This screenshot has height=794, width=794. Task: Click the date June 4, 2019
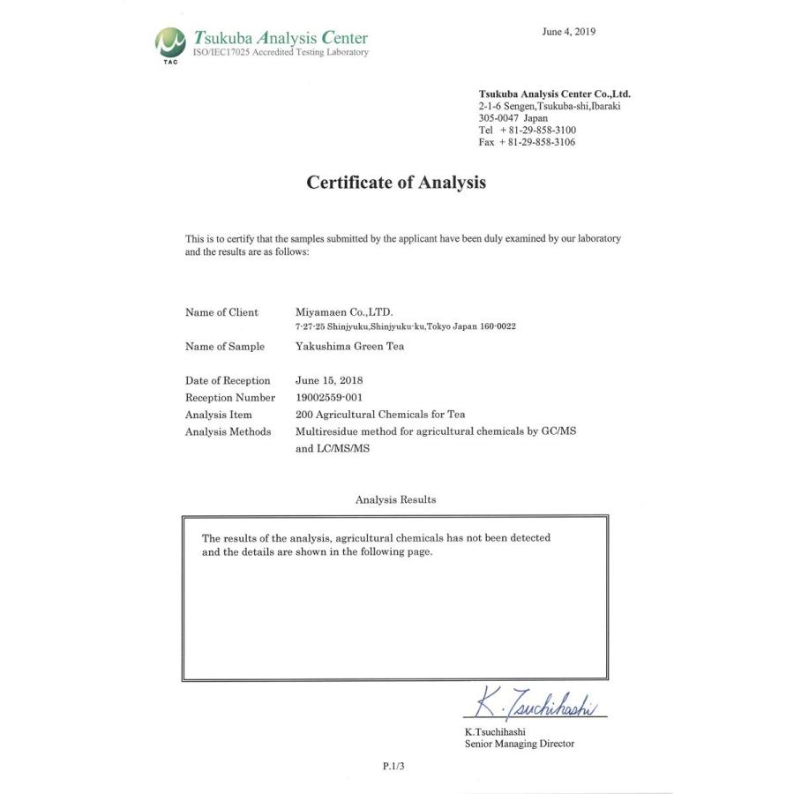click(x=568, y=32)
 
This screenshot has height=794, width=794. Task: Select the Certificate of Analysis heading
click(x=396, y=183)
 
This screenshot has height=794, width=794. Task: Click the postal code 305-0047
click(x=498, y=117)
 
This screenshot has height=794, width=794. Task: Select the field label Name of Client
click(x=221, y=312)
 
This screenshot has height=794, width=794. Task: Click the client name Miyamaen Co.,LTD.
click(x=344, y=312)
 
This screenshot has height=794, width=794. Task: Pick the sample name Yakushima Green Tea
click(x=349, y=347)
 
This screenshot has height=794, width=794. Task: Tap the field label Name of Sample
click(x=224, y=347)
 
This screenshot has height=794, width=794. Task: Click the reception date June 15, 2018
click(x=329, y=380)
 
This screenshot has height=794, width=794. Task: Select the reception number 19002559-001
click(x=329, y=397)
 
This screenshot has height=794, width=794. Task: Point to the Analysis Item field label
click(x=218, y=414)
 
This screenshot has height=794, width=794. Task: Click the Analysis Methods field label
click(x=228, y=431)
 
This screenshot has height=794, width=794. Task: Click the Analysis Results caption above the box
click(x=395, y=499)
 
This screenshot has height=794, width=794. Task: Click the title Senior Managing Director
click(x=519, y=744)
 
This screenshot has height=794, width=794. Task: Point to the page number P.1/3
click(x=393, y=767)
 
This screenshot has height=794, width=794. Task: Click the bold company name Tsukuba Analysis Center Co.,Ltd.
click(x=554, y=94)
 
